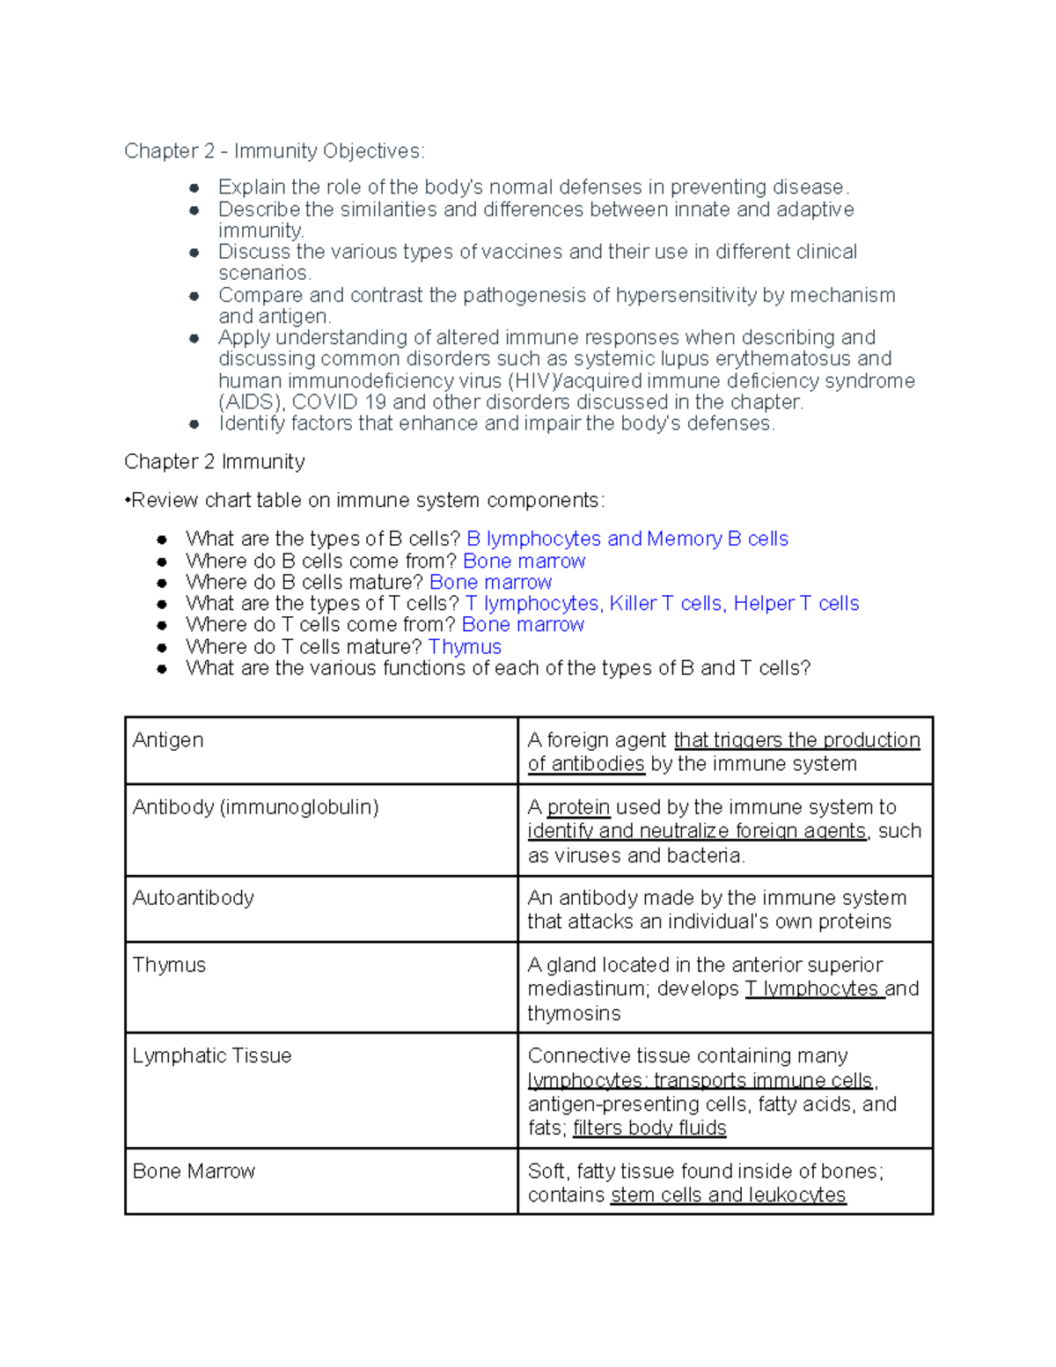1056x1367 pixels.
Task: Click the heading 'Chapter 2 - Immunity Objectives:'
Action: tap(274, 151)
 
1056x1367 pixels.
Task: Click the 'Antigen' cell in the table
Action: tap(168, 740)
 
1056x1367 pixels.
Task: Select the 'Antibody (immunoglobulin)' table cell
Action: tap(255, 807)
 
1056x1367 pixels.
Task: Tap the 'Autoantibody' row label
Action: tap(193, 898)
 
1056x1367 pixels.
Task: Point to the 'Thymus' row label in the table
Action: tap(169, 966)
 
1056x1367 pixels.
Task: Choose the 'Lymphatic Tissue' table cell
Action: tap(211, 1056)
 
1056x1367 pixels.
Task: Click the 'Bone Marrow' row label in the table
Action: tap(194, 1172)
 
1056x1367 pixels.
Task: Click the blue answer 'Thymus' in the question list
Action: tap(465, 647)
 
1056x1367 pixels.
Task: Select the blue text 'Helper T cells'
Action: tap(796, 604)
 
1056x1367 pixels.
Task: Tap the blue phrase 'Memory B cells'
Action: tap(717, 539)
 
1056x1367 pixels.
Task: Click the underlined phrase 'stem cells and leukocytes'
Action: tap(728, 1195)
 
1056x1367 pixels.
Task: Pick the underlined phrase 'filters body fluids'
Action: tap(649, 1128)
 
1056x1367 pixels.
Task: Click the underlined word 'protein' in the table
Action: tap(578, 807)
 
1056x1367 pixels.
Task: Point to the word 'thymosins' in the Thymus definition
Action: tap(574, 1014)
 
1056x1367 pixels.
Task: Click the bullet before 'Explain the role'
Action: tap(194, 187)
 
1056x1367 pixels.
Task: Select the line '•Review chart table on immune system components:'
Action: tap(364, 501)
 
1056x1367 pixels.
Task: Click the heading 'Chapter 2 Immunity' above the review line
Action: tap(215, 462)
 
